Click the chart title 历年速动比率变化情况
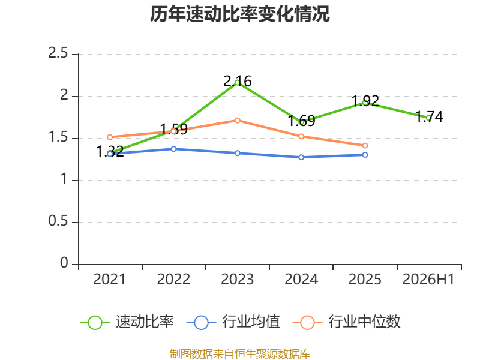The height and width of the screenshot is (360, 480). [x=239, y=14]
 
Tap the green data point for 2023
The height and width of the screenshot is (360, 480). [x=237, y=83]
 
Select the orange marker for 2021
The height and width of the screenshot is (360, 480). [x=110, y=137]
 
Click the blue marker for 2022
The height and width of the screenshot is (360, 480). [x=173, y=149]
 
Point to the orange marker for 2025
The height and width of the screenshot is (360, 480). [x=365, y=146]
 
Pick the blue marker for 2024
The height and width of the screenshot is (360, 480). [x=301, y=157]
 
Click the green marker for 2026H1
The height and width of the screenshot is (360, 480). [x=428, y=118]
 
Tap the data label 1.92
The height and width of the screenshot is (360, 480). [x=365, y=101]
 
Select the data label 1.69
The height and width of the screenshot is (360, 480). [x=302, y=121]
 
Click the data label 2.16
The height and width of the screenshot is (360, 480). [x=238, y=81]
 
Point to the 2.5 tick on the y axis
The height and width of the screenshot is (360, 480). [x=58, y=53]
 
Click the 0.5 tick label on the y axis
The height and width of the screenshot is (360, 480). [x=58, y=221]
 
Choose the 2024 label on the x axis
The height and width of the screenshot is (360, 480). [x=301, y=279]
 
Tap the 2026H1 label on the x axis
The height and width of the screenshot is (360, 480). [x=428, y=279]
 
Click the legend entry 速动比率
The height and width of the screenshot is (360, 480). [x=127, y=322]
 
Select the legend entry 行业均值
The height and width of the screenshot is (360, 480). [x=233, y=322]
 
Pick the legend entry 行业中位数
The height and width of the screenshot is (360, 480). [x=347, y=322]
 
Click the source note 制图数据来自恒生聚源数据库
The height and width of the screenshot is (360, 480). [x=240, y=354]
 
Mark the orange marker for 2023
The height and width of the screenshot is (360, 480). [x=237, y=121]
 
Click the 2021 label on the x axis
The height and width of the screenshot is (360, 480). [x=109, y=279]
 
